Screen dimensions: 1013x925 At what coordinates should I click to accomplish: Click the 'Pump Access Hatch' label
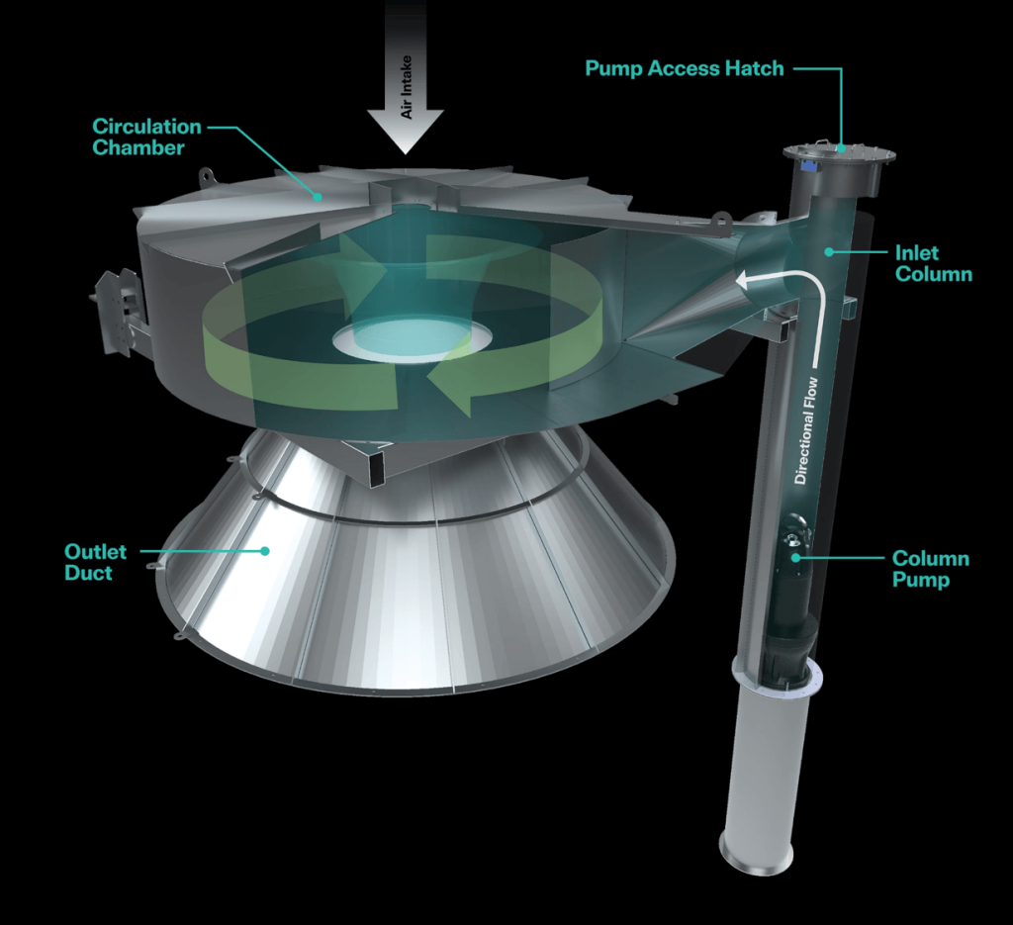[x=685, y=68]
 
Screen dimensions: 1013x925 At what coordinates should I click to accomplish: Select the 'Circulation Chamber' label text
[x=146, y=137]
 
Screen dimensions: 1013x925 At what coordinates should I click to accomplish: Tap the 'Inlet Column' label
[x=934, y=263]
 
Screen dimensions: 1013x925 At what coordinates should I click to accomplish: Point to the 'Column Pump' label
[x=930, y=569]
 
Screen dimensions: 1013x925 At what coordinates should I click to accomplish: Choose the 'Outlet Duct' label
[x=96, y=562]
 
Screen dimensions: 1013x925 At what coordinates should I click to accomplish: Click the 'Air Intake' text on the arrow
[x=407, y=87]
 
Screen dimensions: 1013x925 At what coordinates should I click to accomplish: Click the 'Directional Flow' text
[x=806, y=431]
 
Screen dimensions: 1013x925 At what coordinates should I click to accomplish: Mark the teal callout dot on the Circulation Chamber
[x=318, y=196]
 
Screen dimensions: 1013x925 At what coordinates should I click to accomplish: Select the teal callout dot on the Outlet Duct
[x=265, y=551]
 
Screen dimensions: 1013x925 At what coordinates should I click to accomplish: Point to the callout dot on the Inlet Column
[x=829, y=252]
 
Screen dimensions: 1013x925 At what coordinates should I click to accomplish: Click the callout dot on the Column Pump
[x=796, y=557]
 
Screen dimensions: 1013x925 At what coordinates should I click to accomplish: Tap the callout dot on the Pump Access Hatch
[x=841, y=148]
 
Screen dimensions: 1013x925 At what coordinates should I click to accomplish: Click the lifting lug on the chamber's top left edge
[x=206, y=174]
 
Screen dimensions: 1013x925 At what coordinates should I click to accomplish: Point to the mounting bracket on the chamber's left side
[x=117, y=312]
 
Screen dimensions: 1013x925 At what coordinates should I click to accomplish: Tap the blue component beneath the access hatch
[x=807, y=166]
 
